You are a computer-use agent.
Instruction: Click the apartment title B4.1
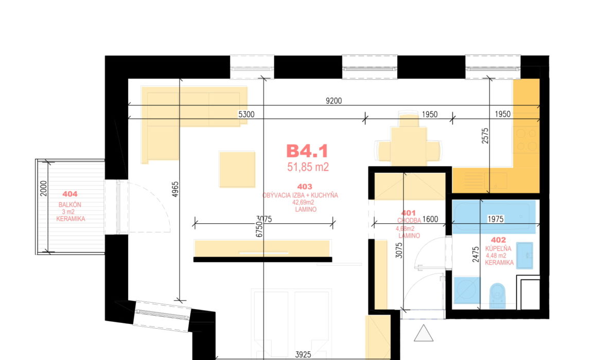(307, 151)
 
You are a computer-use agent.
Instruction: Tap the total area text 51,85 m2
(308, 167)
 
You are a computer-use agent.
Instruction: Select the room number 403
(305, 187)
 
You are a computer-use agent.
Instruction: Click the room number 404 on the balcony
(69, 194)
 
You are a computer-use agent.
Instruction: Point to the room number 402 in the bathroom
(498, 240)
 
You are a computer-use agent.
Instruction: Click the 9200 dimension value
(333, 101)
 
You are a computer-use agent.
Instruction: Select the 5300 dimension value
(247, 114)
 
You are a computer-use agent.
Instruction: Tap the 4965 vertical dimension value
(175, 189)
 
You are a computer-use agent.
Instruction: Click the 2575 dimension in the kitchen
(485, 136)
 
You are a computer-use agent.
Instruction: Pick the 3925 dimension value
(303, 355)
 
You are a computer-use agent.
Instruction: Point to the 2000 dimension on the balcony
(43, 188)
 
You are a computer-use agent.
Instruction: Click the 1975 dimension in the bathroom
(496, 219)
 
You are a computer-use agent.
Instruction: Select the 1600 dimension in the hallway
(430, 219)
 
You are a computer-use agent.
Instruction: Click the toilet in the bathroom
(497, 295)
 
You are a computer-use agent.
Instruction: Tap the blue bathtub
(494, 217)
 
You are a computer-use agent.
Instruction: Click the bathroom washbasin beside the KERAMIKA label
(524, 256)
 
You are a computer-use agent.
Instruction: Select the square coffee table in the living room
(237, 169)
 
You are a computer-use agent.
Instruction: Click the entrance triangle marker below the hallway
(424, 333)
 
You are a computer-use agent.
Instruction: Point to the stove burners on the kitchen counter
(526, 139)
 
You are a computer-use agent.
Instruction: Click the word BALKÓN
(69, 205)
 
